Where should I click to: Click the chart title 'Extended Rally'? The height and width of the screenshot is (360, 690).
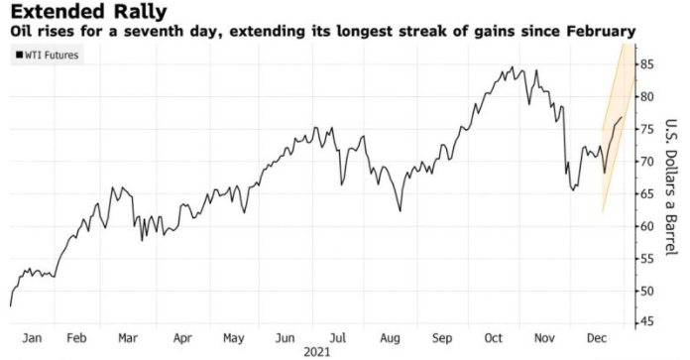(89, 12)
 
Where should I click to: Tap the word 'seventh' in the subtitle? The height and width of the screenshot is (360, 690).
(149, 32)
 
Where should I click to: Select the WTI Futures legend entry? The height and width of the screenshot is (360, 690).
(47, 55)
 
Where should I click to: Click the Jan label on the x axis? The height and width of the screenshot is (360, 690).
(32, 338)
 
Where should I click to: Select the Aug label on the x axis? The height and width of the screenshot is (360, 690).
(390, 338)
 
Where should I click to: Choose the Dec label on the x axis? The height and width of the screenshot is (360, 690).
(597, 338)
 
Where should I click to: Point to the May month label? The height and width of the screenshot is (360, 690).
(233, 338)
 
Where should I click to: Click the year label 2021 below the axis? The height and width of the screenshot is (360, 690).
(317, 352)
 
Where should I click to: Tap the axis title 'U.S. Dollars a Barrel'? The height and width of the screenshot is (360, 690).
(670, 187)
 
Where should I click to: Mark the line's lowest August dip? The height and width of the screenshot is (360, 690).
(400, 211)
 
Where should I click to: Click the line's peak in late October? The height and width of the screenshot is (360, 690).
(513, 66)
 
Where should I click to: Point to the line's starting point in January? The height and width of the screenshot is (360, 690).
(10, 305)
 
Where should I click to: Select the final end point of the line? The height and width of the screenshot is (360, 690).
(622, 117)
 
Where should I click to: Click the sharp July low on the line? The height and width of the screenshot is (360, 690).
(341, 184)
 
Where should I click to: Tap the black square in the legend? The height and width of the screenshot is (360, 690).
(20, 55)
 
